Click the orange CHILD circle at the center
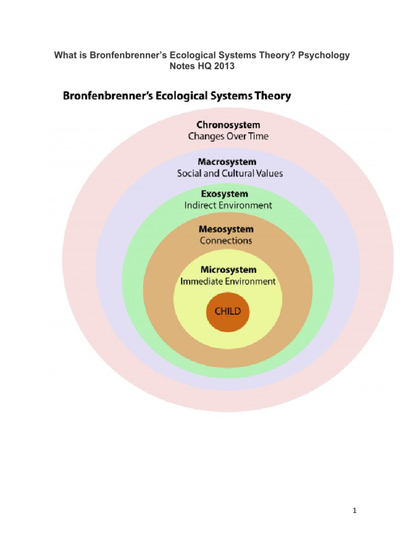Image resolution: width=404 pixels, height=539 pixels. point(227,311)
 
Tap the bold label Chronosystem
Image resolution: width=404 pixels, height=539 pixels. point(228,125)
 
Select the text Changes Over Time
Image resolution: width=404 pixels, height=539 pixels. point(228,136)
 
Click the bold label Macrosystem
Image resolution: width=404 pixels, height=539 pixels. point(227,162)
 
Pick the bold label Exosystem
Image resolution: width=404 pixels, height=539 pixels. point(227,194)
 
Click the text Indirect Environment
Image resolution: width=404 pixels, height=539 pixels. point(228,205)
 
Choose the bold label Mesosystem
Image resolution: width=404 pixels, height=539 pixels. point(226,229)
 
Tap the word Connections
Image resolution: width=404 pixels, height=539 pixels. point(226,241)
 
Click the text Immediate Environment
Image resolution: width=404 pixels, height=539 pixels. point(228,282)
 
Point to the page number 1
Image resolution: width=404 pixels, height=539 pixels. point(356,510)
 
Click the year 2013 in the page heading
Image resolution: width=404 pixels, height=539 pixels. point(225,66)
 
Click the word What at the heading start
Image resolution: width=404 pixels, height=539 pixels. point(66,55)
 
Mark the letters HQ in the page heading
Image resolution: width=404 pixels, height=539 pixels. point(205,66)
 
